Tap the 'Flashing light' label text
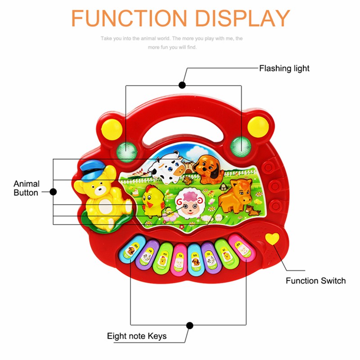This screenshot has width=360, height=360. [284, 68]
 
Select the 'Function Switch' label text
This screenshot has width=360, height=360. [315, 281]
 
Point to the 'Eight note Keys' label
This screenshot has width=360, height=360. [137, 336]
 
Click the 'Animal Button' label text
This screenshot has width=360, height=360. [27, 188]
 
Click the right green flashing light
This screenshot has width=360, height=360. [240, 145]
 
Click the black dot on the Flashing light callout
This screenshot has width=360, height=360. [182, 84]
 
